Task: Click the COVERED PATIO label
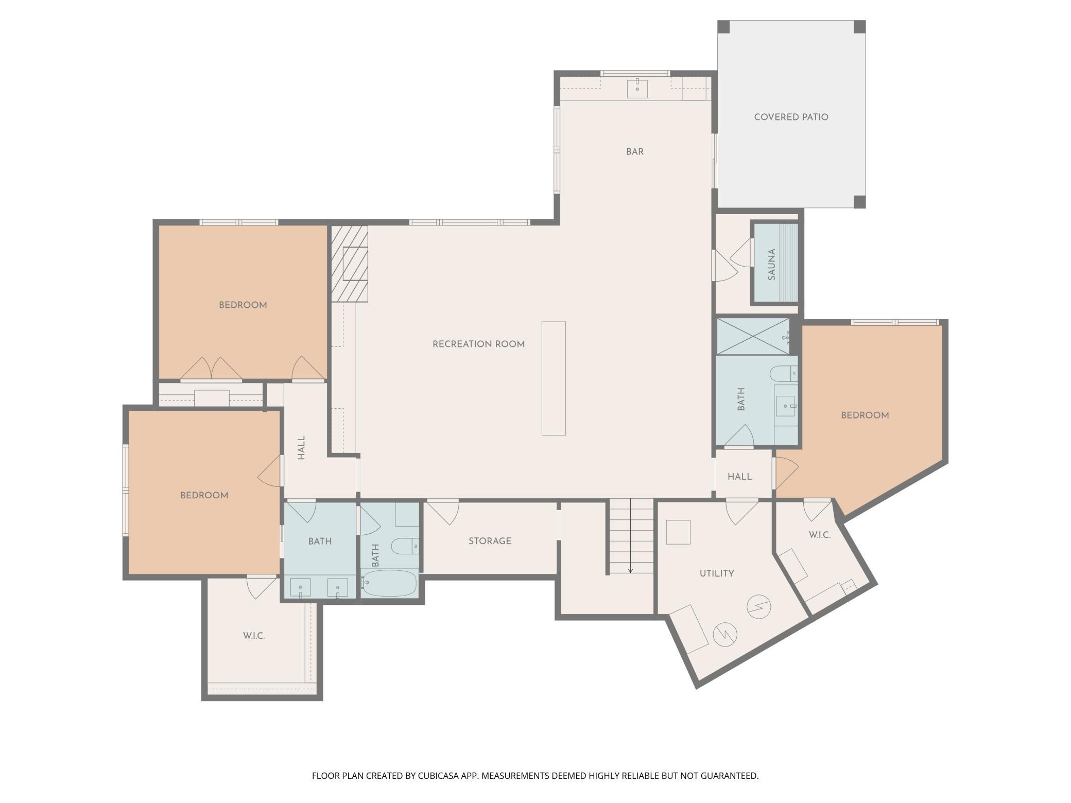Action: click(x=791, y=117)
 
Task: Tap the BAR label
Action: click(x=635, y=152)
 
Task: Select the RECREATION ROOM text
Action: click(x=478, y=344)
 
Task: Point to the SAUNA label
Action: click(x=771, y=265)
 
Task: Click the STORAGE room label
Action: click(x=490, y=541)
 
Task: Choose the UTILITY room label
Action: click(x=717, y=573)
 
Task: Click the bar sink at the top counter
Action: click(x=637, y=88)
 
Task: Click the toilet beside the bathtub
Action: click(x=405, y=546)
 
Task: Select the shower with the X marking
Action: click(x=753, y=336)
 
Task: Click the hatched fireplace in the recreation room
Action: click(x=350, y=264)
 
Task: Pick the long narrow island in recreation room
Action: click(x=554, y=378)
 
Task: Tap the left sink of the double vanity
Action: click(x=300, y=587)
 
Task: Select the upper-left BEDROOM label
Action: click(x=243, y=305)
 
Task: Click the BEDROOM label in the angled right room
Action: click(x=865, y=415)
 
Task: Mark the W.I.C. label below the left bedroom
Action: click(x=254, y=636)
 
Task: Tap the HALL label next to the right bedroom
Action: click(x=740, y=477)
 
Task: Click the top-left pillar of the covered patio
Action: click(x=724, y=27)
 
